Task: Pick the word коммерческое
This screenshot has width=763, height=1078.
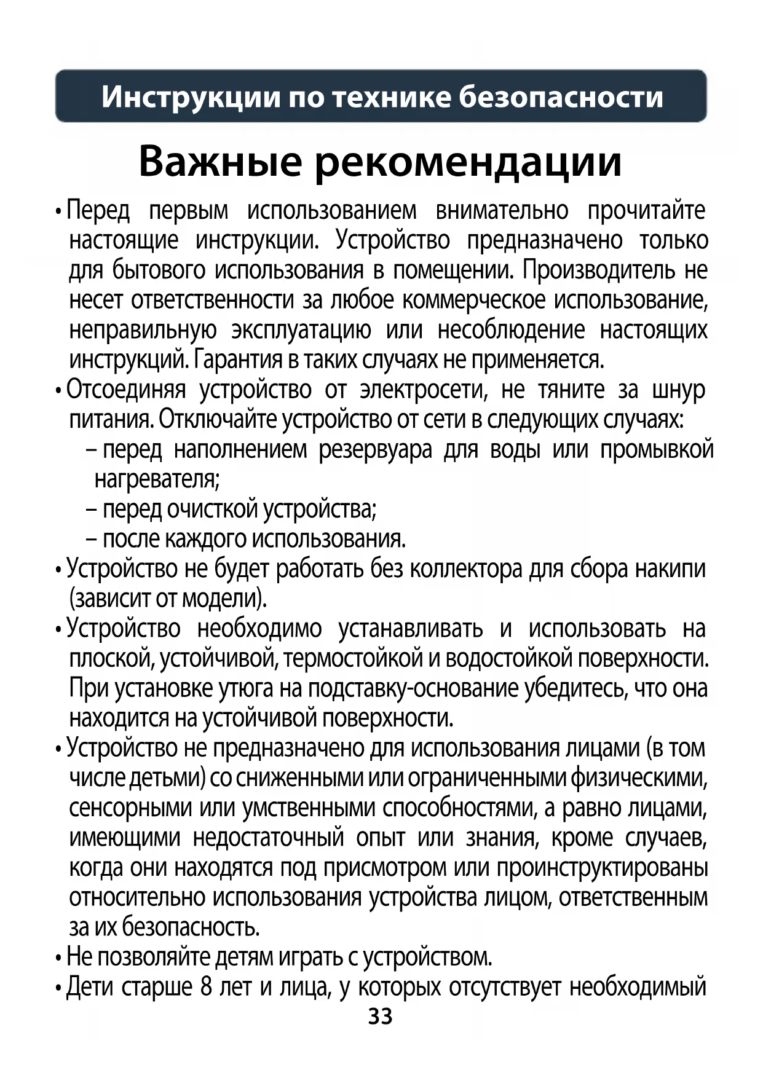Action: coord(473,300)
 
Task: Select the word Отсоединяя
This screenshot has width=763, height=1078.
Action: coord(126,390)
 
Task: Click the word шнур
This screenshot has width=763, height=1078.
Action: coord(678,390)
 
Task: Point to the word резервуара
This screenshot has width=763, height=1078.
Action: coord(375,450)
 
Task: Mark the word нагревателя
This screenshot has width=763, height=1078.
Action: coord(157,479)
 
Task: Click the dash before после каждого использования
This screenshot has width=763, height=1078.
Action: coord(92,540)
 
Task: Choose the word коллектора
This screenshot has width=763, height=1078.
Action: coord(465,569)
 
